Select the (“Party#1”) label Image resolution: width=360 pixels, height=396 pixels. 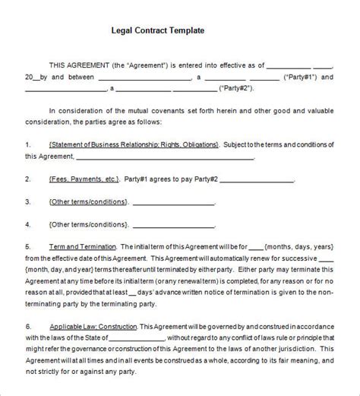coord(308,77)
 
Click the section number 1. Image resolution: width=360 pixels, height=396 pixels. coord(28,144)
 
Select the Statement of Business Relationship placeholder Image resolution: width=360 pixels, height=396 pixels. coord(132,144)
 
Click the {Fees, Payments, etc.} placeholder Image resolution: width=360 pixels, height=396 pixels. coord(84,179)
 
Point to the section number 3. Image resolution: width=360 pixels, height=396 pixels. coord(28,202)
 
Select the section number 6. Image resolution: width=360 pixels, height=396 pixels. coord(28,325)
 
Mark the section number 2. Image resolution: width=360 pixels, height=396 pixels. coord(28,179)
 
